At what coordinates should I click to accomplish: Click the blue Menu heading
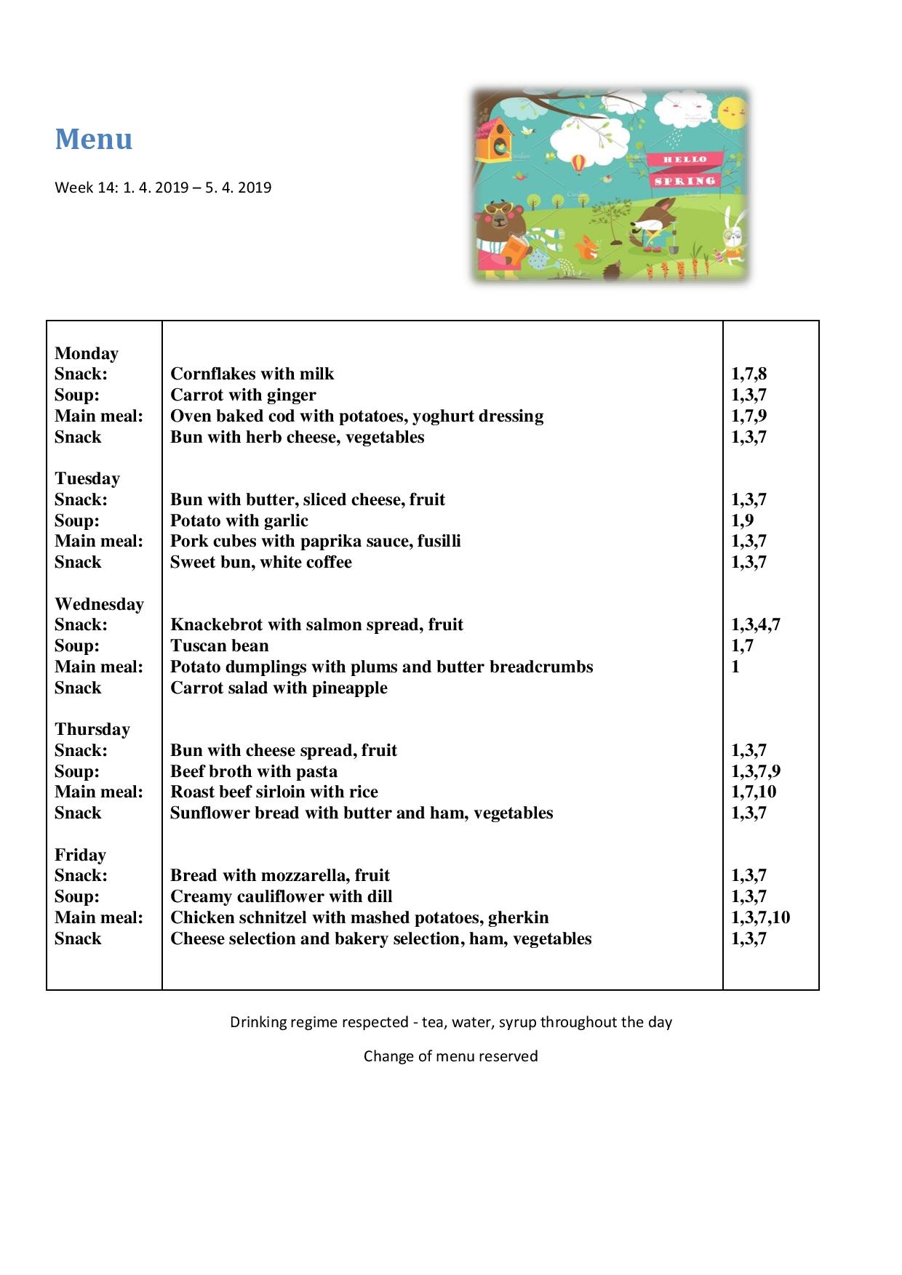(94, 139)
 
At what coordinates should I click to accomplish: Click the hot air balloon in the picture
(579, 163)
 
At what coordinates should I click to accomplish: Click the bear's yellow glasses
(498, 211)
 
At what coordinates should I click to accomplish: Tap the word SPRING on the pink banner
(684, 180)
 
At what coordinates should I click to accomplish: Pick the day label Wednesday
(99, 604)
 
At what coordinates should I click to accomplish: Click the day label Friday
(80, 855)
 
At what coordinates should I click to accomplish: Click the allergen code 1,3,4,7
(755, 624)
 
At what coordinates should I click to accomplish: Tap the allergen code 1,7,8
(749, 374)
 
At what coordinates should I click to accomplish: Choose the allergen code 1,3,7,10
(760, 917)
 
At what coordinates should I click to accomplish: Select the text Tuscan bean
(219, 645)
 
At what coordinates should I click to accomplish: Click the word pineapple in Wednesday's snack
(351, 688)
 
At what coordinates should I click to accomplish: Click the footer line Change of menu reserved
(450, 1056)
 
